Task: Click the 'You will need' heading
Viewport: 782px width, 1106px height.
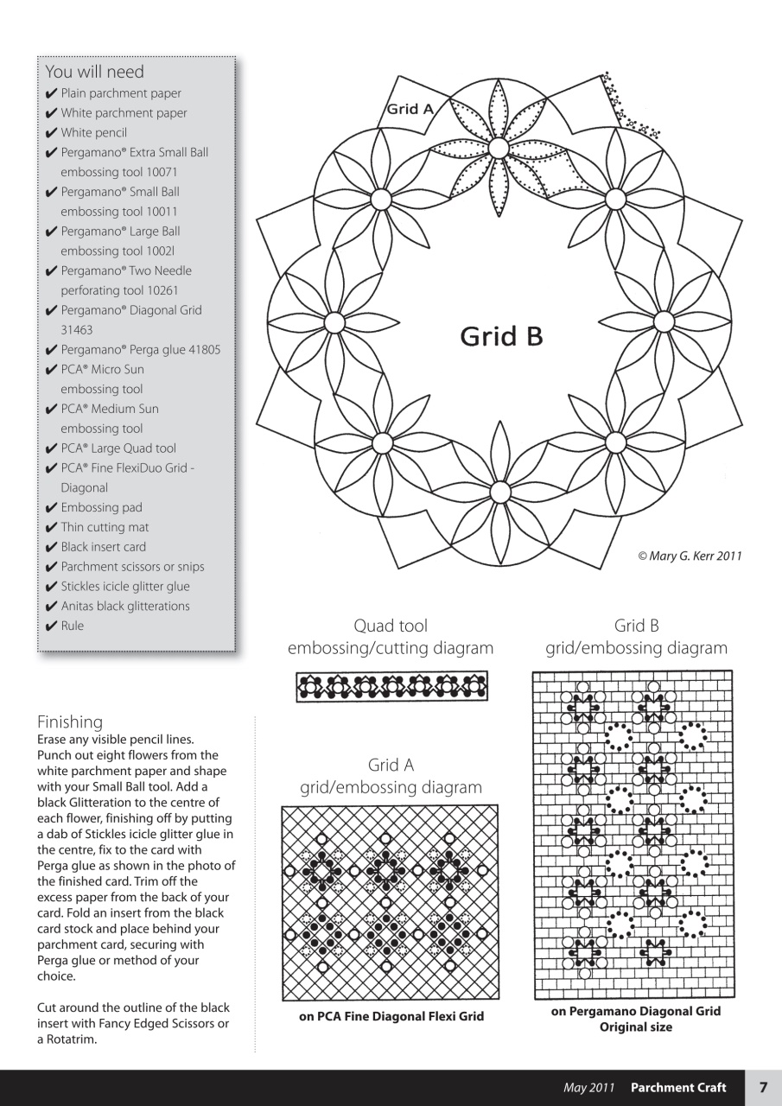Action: point(95,72)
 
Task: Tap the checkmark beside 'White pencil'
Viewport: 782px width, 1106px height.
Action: point(52,133)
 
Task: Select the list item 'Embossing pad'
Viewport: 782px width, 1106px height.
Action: point(101,507)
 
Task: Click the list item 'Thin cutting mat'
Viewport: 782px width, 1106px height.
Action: point(105,527)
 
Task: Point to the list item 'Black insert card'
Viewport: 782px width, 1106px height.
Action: point(103,547)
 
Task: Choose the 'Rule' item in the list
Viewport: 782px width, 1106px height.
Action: point(73,626)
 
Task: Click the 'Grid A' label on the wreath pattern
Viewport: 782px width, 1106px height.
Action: point(410,109)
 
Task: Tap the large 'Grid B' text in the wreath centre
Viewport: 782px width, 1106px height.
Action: point(501,336)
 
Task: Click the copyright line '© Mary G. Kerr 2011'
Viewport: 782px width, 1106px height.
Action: point(690,556)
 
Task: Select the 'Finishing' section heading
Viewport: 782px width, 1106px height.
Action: point(70,721)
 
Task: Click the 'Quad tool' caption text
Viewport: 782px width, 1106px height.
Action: point(391,626)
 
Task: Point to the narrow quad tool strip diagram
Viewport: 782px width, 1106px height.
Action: point(391,687)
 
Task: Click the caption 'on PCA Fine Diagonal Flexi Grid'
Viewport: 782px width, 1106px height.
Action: point(391,1016)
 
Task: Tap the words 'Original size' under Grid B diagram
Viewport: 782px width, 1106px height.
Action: point(636,1027)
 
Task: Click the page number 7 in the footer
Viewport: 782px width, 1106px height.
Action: point(763,1088)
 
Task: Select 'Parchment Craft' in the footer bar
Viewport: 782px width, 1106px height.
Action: point(678,1088)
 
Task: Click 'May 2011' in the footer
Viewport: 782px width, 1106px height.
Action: point(589,1088)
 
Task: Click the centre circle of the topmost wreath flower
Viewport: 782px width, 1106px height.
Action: point(498,149)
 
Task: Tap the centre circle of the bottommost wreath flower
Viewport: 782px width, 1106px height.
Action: point(499,493)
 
